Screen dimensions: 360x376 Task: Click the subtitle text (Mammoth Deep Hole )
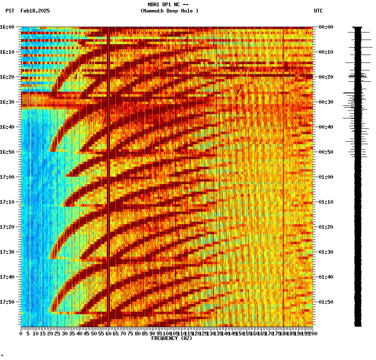click(169, 11)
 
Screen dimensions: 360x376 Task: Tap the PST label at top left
click(10, 11)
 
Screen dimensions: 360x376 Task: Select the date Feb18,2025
click(35, 11)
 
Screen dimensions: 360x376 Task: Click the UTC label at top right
click(318, 11)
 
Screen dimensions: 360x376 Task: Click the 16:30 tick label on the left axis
click(8, 102)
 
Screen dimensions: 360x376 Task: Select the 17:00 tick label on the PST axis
click(8, 177)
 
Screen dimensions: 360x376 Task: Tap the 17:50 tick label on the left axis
click(8, 302)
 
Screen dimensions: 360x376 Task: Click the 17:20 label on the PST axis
click(8, 227)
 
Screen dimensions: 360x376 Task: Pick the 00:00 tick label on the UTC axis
click(326, 27)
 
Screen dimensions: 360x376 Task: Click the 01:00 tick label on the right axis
click(326, 177)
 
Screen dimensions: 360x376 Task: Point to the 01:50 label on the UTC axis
click(326, 302)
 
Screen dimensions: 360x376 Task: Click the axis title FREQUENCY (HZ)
click(172, 338)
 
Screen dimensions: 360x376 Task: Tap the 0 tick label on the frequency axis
click(21, 334)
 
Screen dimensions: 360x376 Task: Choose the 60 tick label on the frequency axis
click(109, 334)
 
